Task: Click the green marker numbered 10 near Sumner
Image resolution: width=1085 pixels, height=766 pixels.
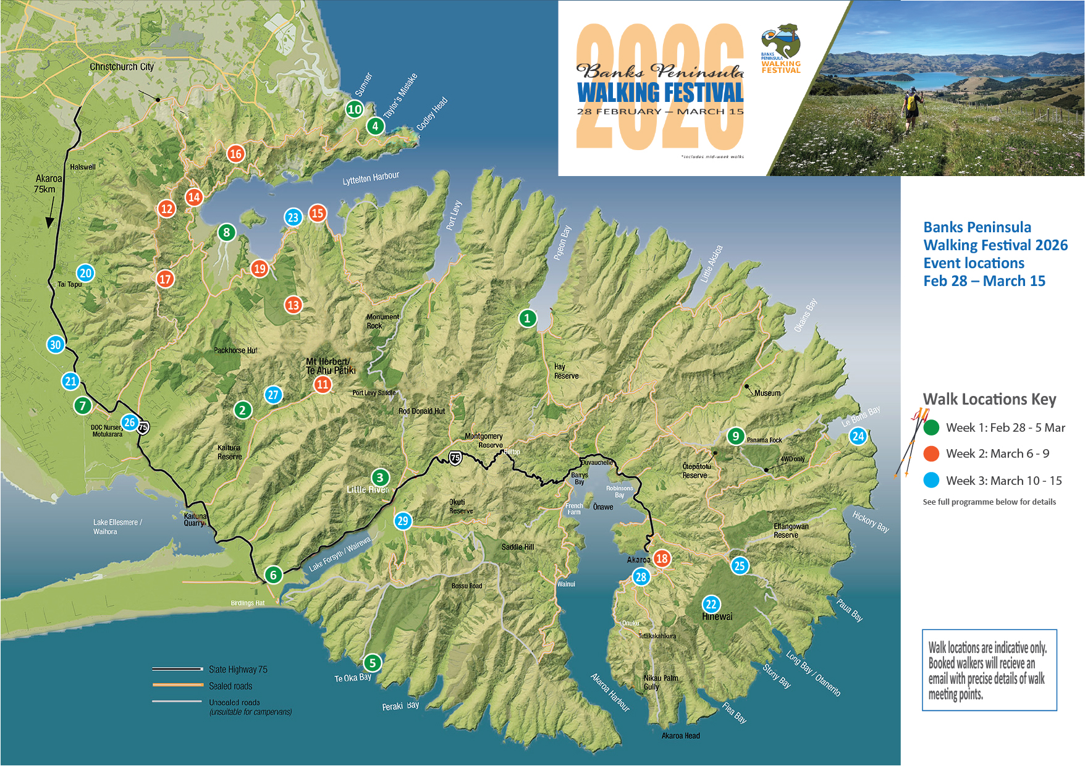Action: pos(354,109)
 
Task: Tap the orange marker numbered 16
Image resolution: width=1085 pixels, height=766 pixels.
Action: pos(235,154)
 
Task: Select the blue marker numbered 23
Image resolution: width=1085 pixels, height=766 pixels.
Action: pos(293,217)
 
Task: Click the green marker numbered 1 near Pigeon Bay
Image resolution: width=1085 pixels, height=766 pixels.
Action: pos(527,318)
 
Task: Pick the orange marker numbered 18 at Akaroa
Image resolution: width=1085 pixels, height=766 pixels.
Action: pos(662,559)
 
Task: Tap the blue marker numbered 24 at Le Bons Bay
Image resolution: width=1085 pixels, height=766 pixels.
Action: pos(858,436)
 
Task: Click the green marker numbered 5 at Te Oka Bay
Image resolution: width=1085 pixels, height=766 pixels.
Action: pos(372,663)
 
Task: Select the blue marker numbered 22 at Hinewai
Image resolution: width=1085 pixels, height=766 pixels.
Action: pos(711,605)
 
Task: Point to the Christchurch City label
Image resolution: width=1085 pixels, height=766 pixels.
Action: pos(122,67)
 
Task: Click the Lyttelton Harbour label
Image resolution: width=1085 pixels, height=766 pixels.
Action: pos(371,179)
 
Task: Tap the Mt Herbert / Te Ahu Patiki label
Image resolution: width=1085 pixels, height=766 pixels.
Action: pos(331,366)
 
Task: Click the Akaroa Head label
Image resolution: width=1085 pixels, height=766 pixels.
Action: pos(680,736)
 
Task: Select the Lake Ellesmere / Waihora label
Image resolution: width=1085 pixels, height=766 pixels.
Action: pos(117,526)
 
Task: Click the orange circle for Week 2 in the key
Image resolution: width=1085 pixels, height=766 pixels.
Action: pos(931,453)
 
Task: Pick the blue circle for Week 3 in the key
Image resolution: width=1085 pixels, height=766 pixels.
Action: pos(931,480)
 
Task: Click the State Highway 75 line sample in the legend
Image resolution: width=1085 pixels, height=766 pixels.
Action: pos(178,669)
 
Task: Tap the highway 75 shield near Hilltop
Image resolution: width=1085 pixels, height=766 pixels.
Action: pos(455,458)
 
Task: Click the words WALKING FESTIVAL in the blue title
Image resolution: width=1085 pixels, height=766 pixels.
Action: pos(660,93)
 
